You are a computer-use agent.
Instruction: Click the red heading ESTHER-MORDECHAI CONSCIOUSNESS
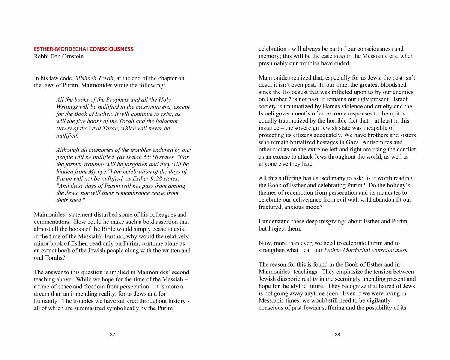[x=83, y=49]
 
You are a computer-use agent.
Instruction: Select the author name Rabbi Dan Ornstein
[x=59, y=57]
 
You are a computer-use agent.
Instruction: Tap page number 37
[x=112, y=335]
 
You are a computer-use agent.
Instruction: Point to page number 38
[x=337, y=335]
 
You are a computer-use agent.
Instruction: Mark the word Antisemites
[x=386, y=142]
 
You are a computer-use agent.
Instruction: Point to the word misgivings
[x=330, y=222]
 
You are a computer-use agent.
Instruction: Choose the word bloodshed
[x=394, y=85]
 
